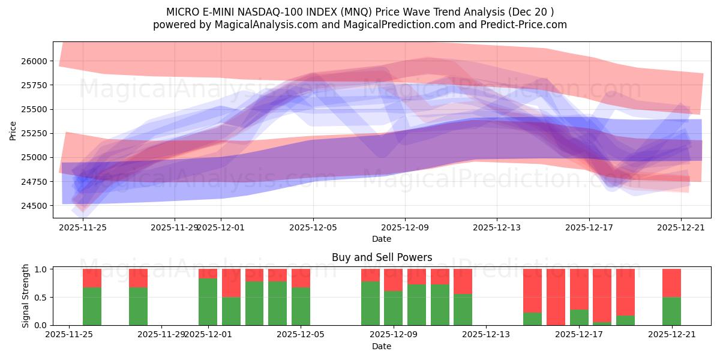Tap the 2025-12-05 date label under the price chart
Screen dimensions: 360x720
pyautogui.click(x=313, y=227)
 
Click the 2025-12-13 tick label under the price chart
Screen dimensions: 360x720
pyautogui.click(x=497, y=227)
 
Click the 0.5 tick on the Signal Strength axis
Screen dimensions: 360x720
pyautogui.click(x=42, y=298)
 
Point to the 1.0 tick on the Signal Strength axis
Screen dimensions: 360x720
pyautogui.click(x=42, y=269)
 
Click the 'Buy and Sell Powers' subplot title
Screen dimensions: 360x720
pyautogui.click(x=382, y=257)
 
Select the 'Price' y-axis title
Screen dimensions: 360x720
pyautogui.click(x=14, y=130)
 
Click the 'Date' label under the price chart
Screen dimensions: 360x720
pyautogui.click(x=382, y=239)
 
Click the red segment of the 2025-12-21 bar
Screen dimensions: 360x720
pyautogui.click(x=671, y=283)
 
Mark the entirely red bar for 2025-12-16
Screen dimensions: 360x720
pyautogui.click(x=556, y=297)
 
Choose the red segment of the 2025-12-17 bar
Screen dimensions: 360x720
pyautogui.click(x=579, y=289)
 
